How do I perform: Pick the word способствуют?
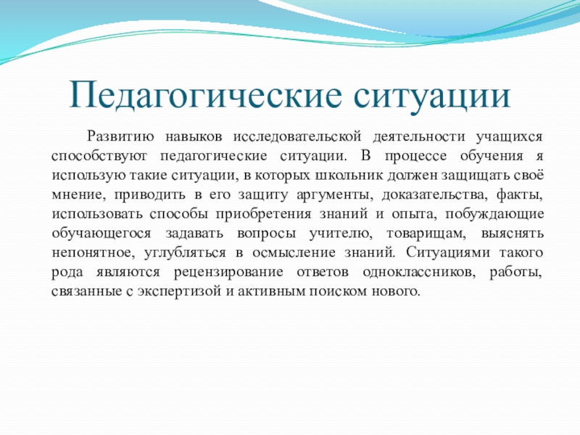coord(99,156)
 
